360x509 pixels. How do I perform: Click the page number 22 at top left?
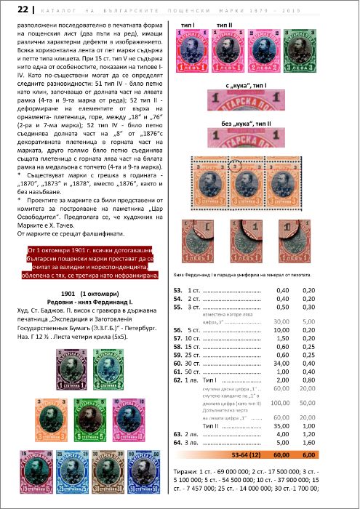pos(12,9)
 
